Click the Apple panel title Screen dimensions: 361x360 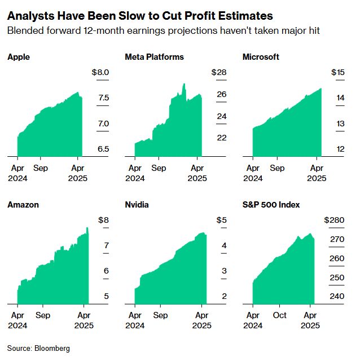point(19,57)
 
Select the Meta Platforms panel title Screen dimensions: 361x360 point(154,57)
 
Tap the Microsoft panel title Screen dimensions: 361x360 point(261,57)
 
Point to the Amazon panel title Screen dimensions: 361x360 point(23,205)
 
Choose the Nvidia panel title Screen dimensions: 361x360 point(137,205)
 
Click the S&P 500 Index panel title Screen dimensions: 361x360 point(271,205)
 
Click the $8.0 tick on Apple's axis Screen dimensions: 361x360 point(100,73)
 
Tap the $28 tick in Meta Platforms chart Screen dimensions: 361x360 point(218,73)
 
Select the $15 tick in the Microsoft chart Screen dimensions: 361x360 point(337,73)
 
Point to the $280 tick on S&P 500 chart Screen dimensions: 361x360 point(334,220)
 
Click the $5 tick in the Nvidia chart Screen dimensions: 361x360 point(221,220)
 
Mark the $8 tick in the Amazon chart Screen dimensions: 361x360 point(103,220)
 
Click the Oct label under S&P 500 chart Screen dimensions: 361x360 point(280,315)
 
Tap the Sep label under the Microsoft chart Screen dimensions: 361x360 point(277,168)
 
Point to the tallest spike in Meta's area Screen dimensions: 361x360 point(184,85)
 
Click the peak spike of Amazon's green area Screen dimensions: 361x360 point(87,228)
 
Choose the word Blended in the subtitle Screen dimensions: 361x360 point(24,30)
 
